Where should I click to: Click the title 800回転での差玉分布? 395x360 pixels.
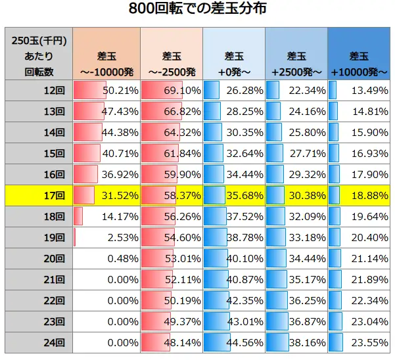pos(197,11)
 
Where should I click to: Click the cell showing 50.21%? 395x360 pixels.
pos(105,90)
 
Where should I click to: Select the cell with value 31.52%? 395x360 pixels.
pos(105,195)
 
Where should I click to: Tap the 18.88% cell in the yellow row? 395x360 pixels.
pos(359,195)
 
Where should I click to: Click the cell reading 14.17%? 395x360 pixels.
pos(105,216)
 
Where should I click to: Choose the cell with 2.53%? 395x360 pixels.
pos(105,237)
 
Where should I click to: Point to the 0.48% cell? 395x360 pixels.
pos(105,258)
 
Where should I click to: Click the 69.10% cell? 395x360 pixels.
pos(170,90)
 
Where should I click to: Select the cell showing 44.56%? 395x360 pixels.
pos(233,342)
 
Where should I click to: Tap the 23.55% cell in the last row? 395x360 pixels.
pos(359,342)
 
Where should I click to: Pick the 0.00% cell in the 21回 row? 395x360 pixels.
pos(105,279)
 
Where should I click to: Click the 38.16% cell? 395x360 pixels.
pos(296,342)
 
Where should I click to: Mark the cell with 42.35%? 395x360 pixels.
pos(233,300)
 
